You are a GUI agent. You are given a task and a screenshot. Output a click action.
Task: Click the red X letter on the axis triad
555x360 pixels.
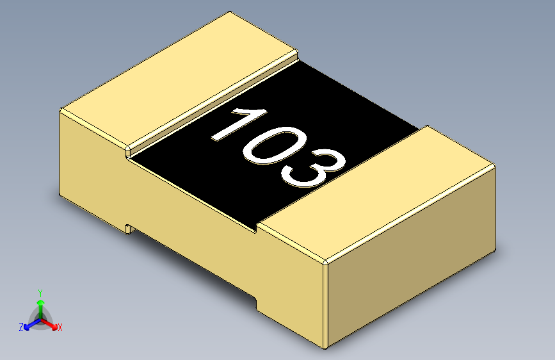tap(60, 328)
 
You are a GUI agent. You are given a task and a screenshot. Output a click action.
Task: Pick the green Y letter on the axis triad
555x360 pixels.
tap(40, 292)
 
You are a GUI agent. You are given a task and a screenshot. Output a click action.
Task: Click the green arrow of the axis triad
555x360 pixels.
tap(40, 304)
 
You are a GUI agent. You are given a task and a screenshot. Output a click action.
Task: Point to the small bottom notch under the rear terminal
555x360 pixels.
tap(128, 228)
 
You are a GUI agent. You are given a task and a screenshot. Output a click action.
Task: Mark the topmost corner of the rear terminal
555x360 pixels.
tap(229, 12)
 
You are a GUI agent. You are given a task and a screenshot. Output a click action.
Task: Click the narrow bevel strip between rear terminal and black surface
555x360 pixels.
tap(211, 103)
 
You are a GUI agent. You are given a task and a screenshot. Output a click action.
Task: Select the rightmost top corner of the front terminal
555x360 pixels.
tap(495, 165)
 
